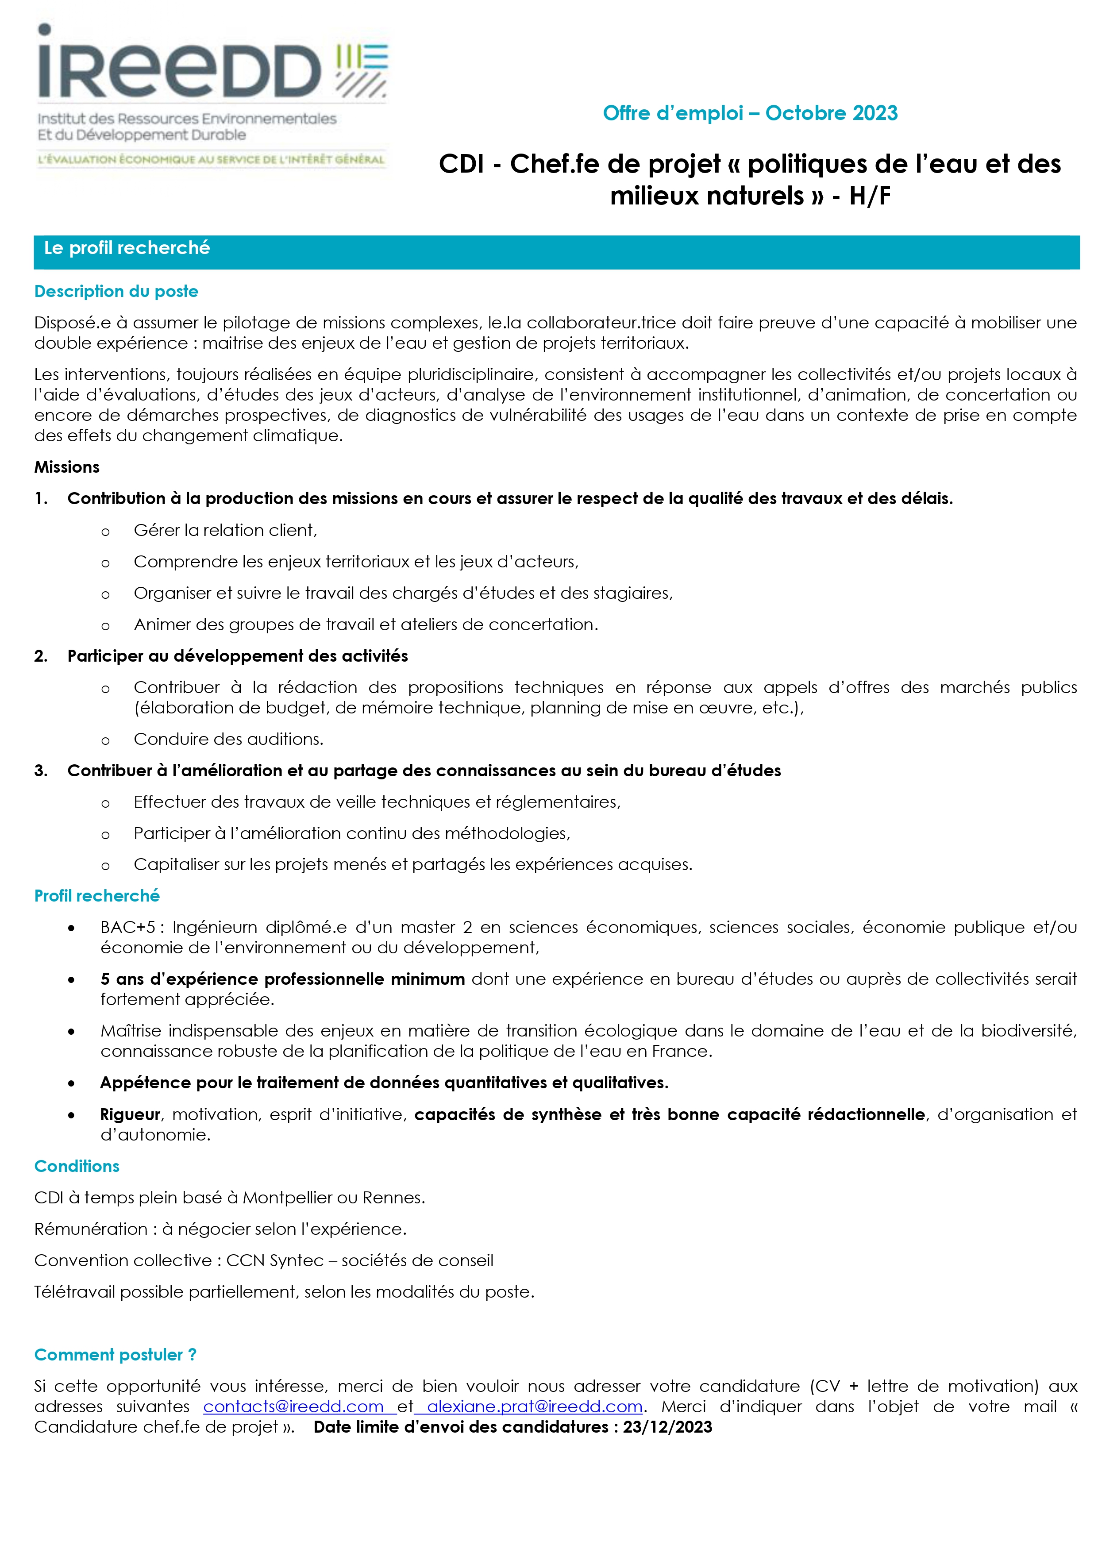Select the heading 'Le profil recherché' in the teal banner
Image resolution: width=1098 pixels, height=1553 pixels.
point(127,248)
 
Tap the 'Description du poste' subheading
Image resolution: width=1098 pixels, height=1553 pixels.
point(116,292)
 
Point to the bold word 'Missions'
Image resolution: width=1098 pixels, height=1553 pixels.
point(67,467)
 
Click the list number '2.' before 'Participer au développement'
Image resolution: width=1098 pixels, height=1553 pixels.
point(41,656)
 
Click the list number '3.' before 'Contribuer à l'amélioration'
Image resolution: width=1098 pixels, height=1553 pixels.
point(41,771)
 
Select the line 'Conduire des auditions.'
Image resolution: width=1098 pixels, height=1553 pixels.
point(228,739)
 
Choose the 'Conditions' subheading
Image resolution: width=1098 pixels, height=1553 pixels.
point(77,1166)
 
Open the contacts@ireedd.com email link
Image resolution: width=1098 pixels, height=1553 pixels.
point(293,1407)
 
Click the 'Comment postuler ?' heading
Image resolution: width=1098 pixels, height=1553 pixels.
point(115,1355)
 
